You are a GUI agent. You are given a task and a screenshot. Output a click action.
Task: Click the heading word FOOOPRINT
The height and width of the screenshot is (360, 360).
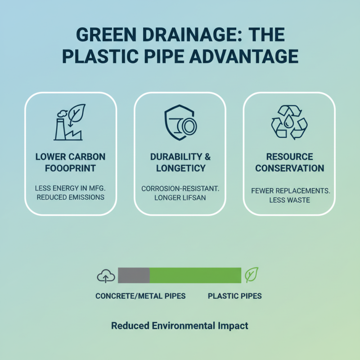pos(71,168)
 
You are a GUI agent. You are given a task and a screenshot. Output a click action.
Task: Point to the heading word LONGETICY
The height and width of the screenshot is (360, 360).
pos(180,168)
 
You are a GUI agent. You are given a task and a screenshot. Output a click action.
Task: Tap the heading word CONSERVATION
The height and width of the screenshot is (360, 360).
pos(289,168)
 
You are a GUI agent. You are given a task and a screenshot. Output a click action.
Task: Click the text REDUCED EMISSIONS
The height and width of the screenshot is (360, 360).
pos(71,197)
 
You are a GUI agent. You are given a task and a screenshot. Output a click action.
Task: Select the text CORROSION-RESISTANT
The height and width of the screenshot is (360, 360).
pos(180,189)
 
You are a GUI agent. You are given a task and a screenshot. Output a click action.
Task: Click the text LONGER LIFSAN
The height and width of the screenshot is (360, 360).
pos(180,198)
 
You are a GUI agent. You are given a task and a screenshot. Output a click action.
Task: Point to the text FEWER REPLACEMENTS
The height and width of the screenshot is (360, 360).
pos(290,191)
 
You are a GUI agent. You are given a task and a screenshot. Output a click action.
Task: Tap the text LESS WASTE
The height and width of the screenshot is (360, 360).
pos(289,200)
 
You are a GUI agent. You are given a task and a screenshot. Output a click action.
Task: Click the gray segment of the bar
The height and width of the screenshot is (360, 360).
pos(134,275)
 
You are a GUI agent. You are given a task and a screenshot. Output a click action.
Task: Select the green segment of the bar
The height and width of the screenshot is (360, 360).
pos(195,275)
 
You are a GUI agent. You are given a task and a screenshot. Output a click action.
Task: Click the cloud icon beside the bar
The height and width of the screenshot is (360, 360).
pos(106,275)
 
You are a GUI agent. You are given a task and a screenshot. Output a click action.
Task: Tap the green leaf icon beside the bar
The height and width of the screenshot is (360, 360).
pos(251,275)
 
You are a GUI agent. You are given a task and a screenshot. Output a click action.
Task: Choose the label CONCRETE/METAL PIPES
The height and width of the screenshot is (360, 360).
pos(140,296)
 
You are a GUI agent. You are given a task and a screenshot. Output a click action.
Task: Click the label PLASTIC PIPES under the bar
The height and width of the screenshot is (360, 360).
pos(234,296)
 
